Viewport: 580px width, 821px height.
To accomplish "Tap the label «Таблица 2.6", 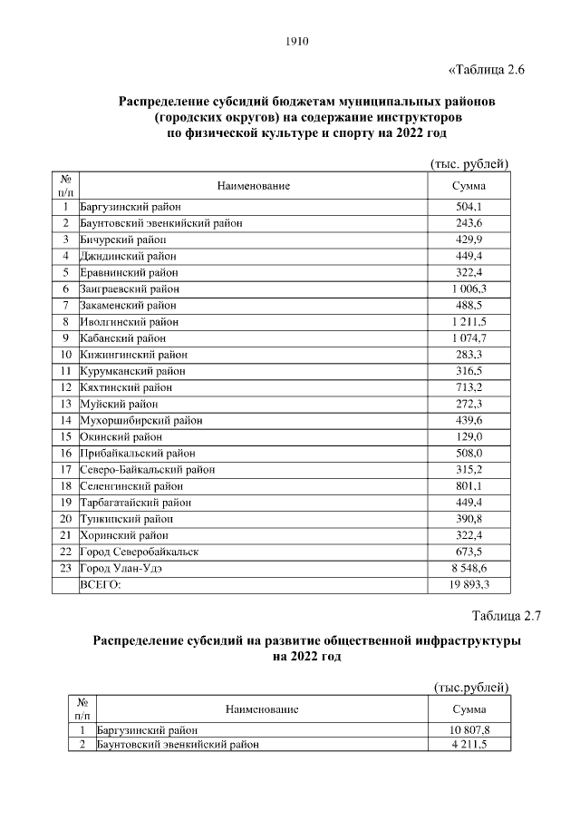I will (488, 70).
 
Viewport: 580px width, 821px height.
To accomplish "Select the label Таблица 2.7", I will (506, 617).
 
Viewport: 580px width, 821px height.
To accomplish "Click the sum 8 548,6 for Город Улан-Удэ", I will (469, 568).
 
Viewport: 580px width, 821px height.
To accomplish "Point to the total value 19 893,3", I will (469, 584).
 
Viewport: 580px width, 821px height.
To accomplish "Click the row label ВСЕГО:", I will (101, 584).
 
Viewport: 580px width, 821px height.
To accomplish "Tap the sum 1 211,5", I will (469, 321).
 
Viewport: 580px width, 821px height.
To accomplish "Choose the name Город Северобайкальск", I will (140, 552).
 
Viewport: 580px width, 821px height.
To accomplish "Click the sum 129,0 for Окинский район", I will (469, 436).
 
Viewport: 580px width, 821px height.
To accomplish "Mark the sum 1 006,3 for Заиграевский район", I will (469, 288).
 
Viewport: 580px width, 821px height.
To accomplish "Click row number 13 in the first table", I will (65, 404).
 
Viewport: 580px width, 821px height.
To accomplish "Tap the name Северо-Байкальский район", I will (148, 469).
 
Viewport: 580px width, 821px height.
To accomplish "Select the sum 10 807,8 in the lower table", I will (469, 729).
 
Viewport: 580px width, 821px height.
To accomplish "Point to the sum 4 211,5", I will (469, 745).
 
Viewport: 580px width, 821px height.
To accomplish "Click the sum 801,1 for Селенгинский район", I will (469, 485).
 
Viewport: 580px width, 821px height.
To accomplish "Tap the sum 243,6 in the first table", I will (469, 223).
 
